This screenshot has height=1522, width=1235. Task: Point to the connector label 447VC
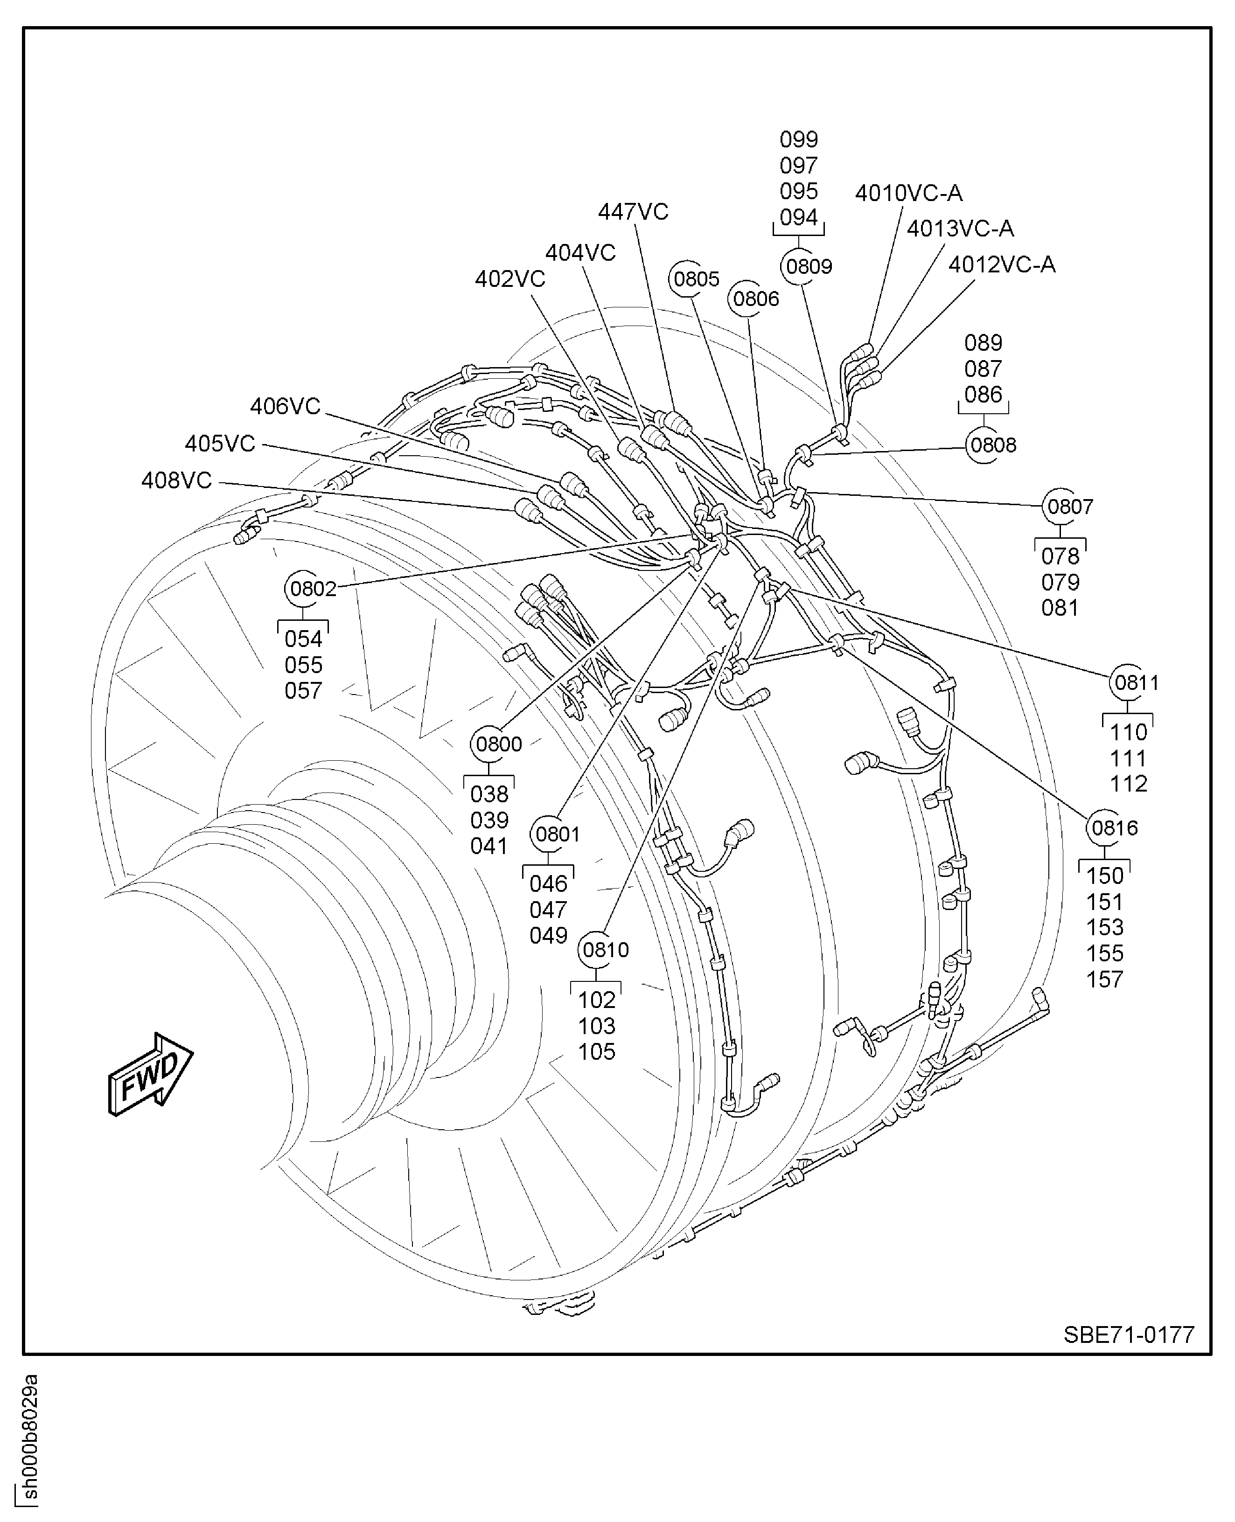point(633,211)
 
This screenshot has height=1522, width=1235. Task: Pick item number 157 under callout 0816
point(1104,980)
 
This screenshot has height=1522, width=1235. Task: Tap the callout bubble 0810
point(606,950)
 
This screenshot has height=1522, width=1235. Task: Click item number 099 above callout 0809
point(798,139)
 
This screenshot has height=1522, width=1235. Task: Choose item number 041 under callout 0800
point(489,846)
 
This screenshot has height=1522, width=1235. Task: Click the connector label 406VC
point(285,406)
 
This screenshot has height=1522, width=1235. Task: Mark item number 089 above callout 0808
point(983,343)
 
